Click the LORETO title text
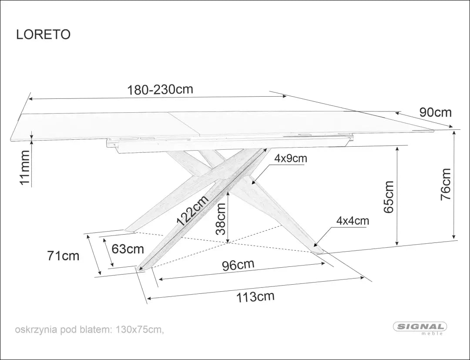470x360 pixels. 43,34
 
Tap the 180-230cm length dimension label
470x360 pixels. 160,89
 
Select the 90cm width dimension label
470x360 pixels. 435,112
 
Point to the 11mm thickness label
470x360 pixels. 25,168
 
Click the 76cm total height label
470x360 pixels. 446,184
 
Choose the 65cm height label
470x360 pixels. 389,197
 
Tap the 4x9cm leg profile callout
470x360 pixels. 291,158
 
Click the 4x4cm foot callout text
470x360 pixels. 352,221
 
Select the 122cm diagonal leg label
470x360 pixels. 192,210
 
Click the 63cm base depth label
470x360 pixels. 128,249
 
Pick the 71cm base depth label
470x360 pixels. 63,256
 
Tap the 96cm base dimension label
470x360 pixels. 238,265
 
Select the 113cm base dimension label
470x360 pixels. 255,297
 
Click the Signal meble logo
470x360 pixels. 420,328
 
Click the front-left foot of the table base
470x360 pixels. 139,269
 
